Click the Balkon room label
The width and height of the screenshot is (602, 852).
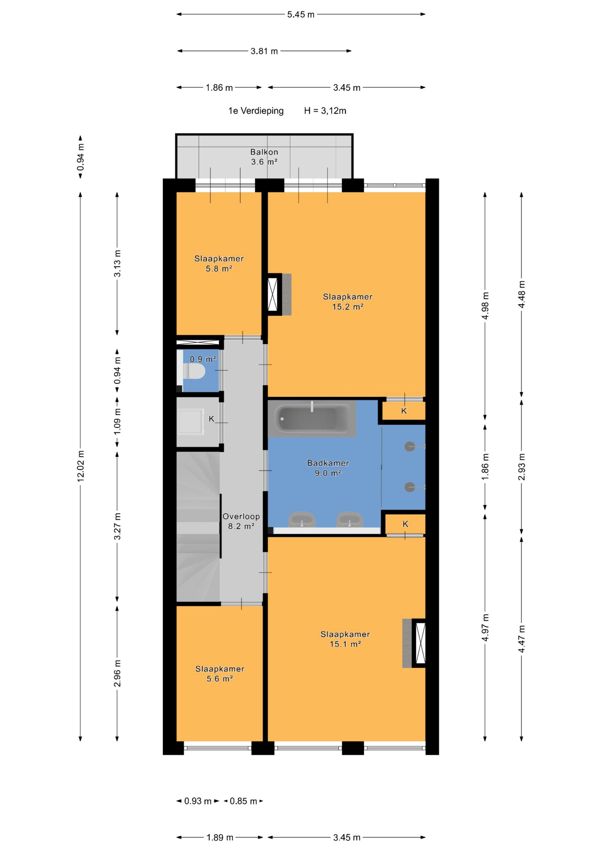click(264, 157)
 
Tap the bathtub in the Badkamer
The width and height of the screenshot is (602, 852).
click(312, 419)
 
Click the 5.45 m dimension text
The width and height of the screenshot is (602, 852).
click(300, 15)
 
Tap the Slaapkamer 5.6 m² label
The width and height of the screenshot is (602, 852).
click(220, 674)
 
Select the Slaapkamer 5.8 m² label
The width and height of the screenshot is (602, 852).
click(219, 264)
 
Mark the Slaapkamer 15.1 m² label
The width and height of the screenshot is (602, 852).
click(345, 639)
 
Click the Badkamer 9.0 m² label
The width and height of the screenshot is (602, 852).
click(328, 468)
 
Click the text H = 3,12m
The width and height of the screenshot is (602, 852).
click(325, 111)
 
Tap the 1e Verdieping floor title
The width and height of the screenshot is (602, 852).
click(256, 111)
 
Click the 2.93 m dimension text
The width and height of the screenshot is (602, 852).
click(521, 467)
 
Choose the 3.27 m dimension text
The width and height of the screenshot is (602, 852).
click(117, 526)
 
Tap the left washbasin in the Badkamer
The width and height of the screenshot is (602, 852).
click(302, 520)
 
